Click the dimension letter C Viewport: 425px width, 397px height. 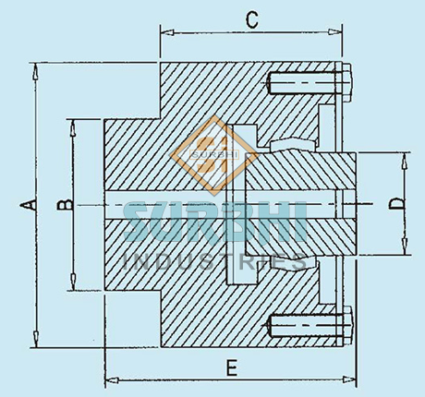tap(252, 20)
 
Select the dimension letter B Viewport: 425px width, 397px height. tap(65, 205)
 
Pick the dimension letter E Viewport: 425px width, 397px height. tap(232, 368)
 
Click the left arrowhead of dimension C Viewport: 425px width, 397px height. tap(167, 32)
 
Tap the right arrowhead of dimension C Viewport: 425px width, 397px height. tap(334, 31)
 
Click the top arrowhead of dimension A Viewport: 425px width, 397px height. tap(36, 70)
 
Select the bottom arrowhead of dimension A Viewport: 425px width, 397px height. tap(36, 340)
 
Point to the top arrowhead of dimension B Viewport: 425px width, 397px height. tap(73, 127)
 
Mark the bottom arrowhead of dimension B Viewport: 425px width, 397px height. tap(73, 282)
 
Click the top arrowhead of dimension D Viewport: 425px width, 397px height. tap(405, 161)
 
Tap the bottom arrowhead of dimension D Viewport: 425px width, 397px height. tap(405, 247)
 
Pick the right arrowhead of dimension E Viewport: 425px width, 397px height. tap(348, 379)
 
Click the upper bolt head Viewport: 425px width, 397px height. tap(347, 83)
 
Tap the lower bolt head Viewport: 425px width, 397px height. tap(347, 325)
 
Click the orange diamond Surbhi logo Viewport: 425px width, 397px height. tap(214, 156)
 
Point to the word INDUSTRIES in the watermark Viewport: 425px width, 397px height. tap(214, 262)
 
